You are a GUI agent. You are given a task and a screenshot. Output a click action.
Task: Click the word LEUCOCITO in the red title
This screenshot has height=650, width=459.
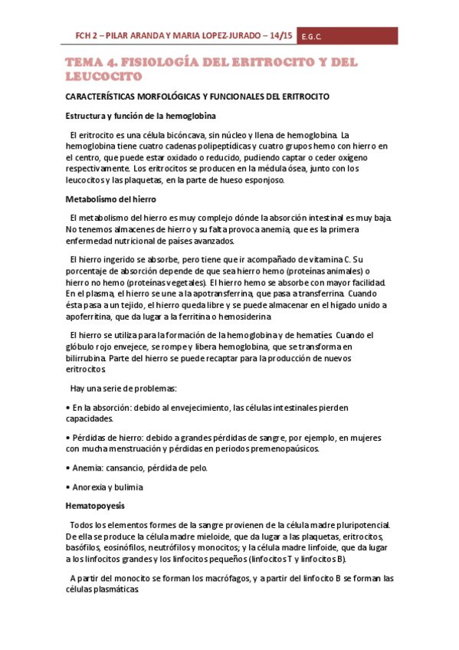(103, 77)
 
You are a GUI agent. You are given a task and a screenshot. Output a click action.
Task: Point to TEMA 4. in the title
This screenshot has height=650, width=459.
(96, 62)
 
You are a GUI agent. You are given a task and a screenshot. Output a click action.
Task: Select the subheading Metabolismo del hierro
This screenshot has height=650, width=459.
(110, 199)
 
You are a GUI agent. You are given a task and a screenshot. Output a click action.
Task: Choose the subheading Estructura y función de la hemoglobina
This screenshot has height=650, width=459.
(139, 116)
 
